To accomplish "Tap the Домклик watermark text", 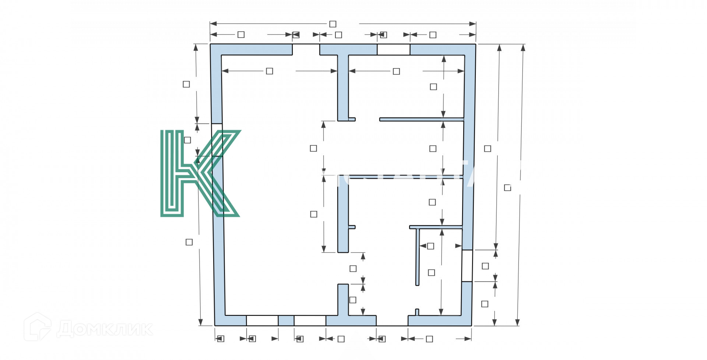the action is point(105,328).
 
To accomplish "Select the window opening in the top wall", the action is point(393,49).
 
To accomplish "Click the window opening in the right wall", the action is point(467,265).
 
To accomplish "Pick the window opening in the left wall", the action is point(217,140).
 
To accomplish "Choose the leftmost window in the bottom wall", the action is point(262,321).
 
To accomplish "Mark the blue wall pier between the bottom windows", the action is point(286,321).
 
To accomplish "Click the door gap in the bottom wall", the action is point(392,321).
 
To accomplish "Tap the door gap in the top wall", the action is point(306,49).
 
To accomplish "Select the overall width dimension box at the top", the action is point(333,24).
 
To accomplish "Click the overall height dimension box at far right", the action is point(507,188).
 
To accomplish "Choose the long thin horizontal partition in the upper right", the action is point(421,119).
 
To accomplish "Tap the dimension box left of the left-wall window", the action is point(187,140).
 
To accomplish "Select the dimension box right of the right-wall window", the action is point(485,266).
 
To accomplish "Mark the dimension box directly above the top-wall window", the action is point(383,35).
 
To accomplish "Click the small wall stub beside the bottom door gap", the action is point(417,312).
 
